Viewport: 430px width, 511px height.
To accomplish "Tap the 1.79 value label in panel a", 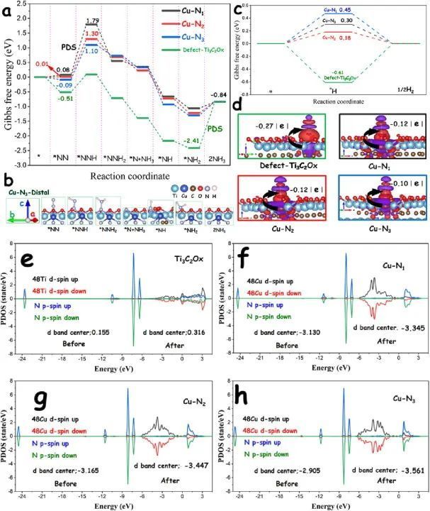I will (91, 21).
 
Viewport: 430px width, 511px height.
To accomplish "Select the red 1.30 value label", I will (92, 33).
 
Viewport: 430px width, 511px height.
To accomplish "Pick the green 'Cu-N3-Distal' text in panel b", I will (27, 191).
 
